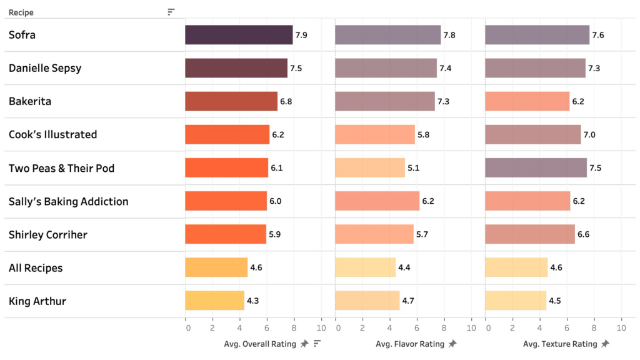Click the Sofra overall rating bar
point(239,35)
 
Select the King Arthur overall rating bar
point(214,301)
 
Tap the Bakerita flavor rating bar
point(385,101)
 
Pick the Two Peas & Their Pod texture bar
point(536,168)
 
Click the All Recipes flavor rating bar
point(366,267)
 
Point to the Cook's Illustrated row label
point(52,134)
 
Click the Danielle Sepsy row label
point(45,68)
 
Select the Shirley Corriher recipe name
point(48,234)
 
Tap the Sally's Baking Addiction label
point(68,201)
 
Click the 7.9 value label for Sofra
point(301,35)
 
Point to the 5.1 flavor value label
point(414,168)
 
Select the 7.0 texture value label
point(589,134)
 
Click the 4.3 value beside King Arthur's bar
point(252,301)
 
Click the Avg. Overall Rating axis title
point(261,344)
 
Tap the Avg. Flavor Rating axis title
point(410,344)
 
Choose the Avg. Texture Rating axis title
point(560,344)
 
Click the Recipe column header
point(21,12)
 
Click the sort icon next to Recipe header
point(171,12)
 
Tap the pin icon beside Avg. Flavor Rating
point(452,344)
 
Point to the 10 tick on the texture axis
point(621,328)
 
